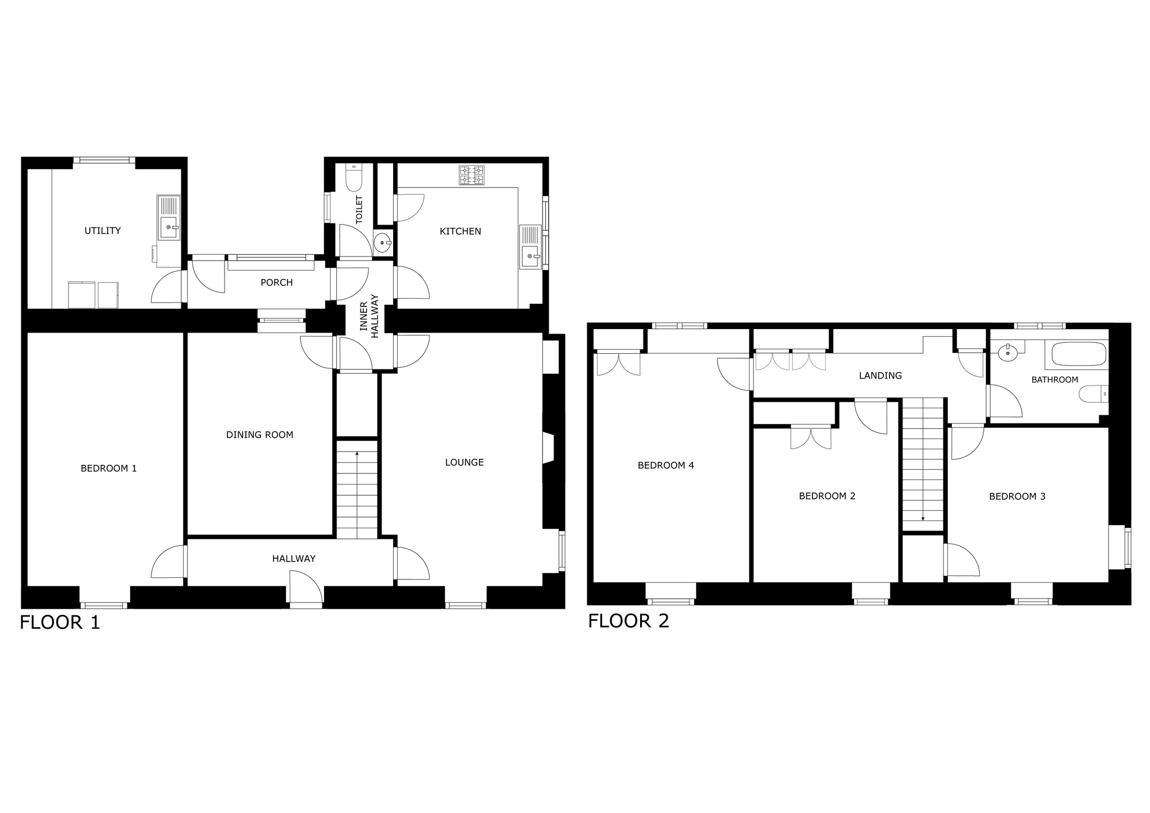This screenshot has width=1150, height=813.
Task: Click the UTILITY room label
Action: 102,231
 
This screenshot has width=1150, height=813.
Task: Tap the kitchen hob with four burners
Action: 472,175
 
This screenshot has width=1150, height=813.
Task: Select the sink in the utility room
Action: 168,218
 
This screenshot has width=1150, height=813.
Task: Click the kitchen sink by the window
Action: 530,247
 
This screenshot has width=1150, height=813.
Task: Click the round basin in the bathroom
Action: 1008,353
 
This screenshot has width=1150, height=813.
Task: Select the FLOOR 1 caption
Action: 60,623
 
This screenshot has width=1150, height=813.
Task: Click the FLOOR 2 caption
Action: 628,621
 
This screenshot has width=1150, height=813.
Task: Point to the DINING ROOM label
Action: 259,435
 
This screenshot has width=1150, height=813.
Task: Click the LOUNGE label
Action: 464,463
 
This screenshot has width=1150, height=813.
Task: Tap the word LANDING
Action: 880,376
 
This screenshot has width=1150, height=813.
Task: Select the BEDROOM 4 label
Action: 666,465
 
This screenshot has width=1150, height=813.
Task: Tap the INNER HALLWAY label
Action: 369,316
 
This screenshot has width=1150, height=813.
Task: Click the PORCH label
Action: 277,282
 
